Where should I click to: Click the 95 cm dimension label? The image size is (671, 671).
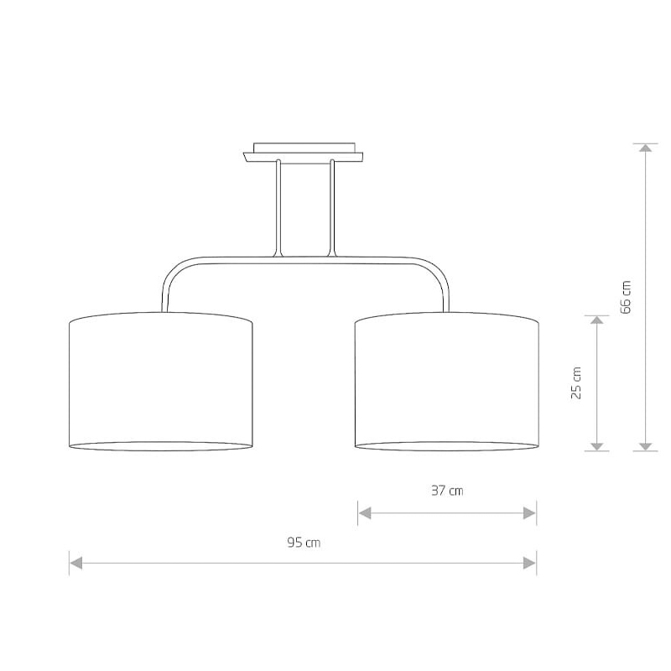(304, 543)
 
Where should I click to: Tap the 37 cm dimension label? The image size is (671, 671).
(447, 491)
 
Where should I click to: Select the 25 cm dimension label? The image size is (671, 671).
(576, 383)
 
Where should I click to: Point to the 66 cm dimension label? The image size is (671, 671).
(626, 297)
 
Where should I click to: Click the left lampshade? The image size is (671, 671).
(161, 382)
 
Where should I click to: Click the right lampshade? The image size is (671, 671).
(447, 382)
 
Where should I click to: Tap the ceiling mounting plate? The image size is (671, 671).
(304, 153)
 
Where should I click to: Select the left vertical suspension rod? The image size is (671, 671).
(278, 208)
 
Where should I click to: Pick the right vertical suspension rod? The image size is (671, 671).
(331, 208)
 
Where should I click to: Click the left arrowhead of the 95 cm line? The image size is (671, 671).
(75, 563)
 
